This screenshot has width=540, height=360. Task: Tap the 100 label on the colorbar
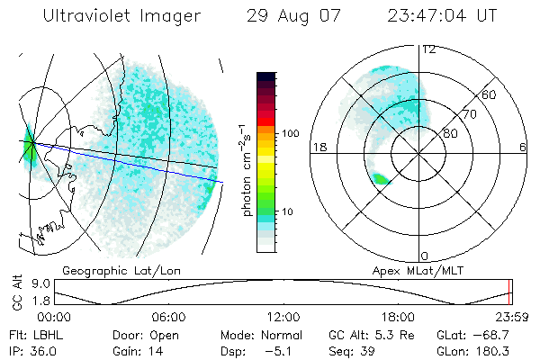click(x=291, y=133)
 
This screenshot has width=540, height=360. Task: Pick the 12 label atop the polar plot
click(x=429, y=49)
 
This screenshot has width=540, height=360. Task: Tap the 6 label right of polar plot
click(x=523, y=147)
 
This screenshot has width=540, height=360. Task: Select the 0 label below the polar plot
click(x=425, y=256)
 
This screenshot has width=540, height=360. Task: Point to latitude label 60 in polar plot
click(x=490, y=94)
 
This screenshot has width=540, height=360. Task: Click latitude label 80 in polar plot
click(x=451, y=133)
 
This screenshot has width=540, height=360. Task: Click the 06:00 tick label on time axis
click(x=168, y=317)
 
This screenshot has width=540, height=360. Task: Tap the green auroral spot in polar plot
click(x=382, y=179)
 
